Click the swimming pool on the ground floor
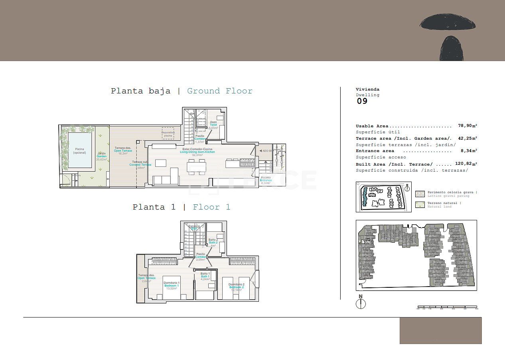(x=79, y=150)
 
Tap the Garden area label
(x=101, y=156)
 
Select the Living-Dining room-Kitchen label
(x=197, y=152)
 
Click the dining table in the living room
(x=197, y=167)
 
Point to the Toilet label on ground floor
(x=213, y=125)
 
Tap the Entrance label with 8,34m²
(x=266, y=180)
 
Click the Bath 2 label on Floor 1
(x=213, y=242)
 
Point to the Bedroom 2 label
(x=236, y=287)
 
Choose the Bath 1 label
(x=205, y=276)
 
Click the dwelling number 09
(x=362, y=101)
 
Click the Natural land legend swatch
(x=420, y=205)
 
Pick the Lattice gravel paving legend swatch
(x=420, y=194)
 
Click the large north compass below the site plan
(x=361, y=304)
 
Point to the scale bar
(x=447, y=308)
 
